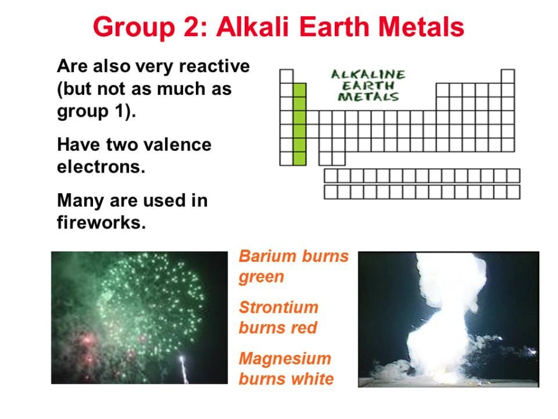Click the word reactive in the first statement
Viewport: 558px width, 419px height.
click(215, 66)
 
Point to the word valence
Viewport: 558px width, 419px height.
click(176, 145)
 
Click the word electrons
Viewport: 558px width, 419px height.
click(101, 167)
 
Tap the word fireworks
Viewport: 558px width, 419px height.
click(102, 222)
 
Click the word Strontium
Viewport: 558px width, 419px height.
click(278, 307)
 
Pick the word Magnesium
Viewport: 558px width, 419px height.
click(285, 358)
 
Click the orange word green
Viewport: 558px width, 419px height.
click(262, 277)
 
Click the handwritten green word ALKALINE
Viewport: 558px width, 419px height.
click(368, 74)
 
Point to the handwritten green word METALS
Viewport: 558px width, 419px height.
click(368, 97)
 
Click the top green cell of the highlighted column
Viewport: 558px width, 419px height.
click(299, 90)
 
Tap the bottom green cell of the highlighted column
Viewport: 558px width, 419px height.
click(299, 158)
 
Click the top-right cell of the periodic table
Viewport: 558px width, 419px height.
click(508, 76)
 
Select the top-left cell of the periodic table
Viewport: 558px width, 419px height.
click(286, 76)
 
